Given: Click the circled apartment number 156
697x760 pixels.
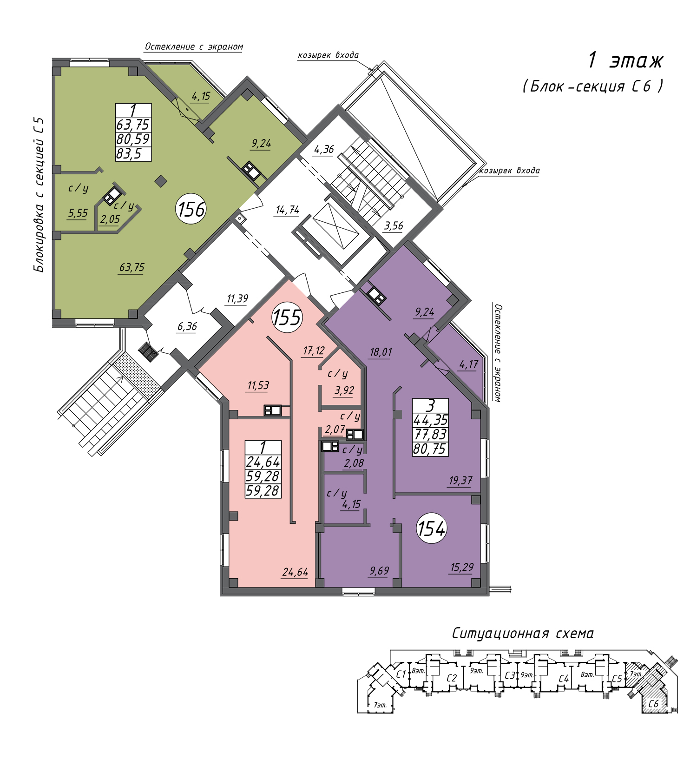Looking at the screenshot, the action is (x=191, y=210).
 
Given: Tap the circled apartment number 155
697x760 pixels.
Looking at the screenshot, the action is (x=287, y=317).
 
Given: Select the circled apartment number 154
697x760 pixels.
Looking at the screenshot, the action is (x=432, y=529).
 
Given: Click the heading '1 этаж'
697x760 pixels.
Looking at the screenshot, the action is (x=625, y=60).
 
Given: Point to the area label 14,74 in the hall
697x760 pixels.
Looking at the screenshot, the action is (x=288, y=210).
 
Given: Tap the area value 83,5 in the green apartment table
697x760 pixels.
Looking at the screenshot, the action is (x=129, y=154).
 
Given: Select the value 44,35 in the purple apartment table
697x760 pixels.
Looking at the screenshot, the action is (x=430, y=420).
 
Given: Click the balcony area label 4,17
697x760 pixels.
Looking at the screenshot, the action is (x=468, y=365).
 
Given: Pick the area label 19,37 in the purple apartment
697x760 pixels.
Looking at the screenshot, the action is (x=460, y=481).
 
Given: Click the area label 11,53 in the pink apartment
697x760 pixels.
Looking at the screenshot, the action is (x=258, y=385).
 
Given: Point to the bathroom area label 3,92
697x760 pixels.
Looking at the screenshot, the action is (x=344, y=390).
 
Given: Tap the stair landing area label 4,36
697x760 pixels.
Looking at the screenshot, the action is (x=324, y=150).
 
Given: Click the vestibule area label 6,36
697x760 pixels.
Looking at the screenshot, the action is (x=187, y=327).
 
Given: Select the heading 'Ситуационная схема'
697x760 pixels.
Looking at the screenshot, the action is (x=523, y=634).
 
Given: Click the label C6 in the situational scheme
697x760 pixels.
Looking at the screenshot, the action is (x=653, y=704).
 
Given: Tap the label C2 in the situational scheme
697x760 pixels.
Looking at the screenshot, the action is (x=452, y=678).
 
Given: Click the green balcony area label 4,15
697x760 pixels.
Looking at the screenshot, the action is (x=201, y=96).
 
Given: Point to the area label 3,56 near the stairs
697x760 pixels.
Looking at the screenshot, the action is (x=394, y=226).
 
